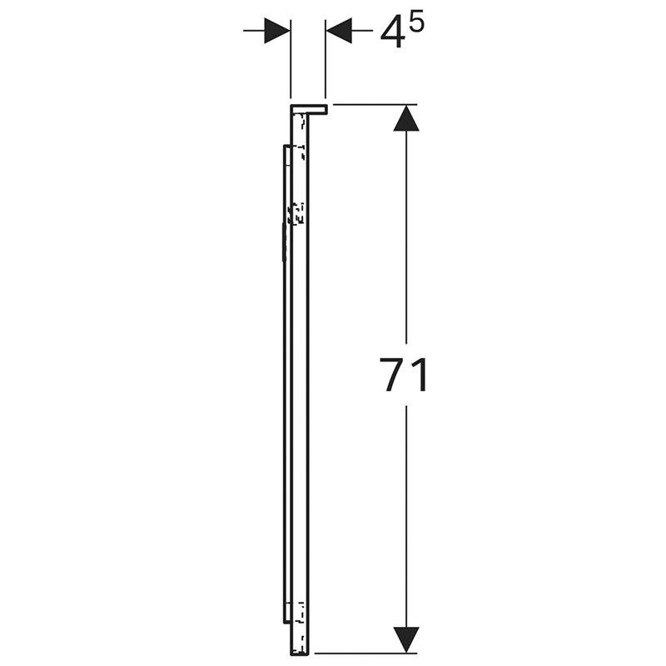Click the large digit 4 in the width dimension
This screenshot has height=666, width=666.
click(391, 33)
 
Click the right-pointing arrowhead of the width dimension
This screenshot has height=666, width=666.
click(277, 31)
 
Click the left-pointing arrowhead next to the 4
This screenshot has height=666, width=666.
click(339, 31)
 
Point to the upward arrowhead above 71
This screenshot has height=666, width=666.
click(406, 118)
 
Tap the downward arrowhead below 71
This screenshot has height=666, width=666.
click(406, 639)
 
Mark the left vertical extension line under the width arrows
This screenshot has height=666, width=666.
click(291, 58)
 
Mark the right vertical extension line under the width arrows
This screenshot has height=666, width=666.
click(325, 58)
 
